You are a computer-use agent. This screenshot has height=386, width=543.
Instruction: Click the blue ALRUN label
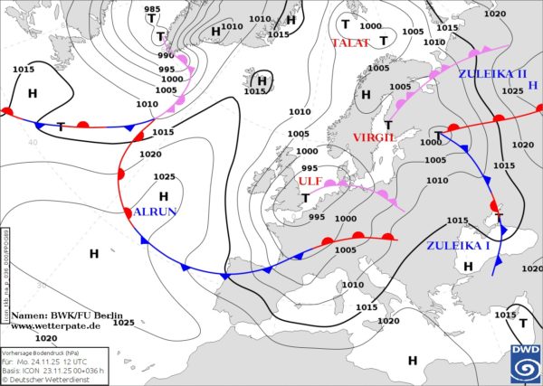click(155, 212)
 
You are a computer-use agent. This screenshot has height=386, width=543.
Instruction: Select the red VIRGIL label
click(375, 137)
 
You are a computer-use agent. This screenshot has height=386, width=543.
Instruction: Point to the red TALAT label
click(350, 43)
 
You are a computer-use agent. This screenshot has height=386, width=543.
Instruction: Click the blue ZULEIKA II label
click(491, 73)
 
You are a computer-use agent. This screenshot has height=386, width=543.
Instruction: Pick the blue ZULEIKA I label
click(457, 245)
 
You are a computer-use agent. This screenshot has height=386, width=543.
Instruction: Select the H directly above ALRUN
click(164, 195)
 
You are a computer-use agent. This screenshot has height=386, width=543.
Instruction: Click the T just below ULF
click(306, 198)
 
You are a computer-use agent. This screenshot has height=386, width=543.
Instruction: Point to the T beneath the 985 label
click(160, 36)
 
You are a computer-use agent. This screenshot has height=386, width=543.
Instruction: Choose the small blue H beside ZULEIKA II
click(533, 86)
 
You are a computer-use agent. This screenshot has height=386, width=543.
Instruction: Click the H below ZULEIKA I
click(468, 266)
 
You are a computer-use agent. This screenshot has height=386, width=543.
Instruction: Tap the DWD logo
click(522, 363)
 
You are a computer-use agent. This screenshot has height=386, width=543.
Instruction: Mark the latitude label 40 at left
click(33, 143)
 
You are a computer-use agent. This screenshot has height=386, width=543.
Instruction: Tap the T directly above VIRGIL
click(389, 124)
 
